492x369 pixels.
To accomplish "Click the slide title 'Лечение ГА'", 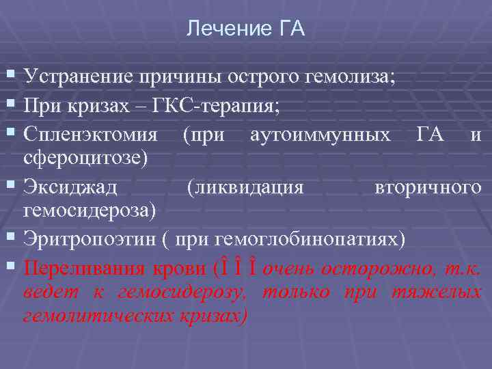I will [x=246, y=29].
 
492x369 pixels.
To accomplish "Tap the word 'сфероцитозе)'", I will [x=85, y=158].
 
